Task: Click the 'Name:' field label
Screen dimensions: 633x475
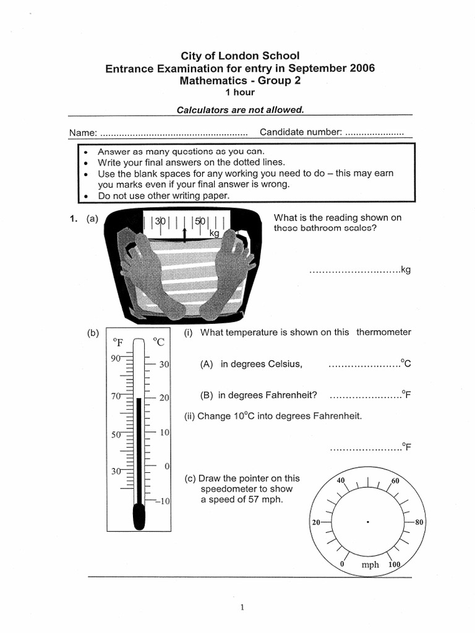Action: coord(82,133)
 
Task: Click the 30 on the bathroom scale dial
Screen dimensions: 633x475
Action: coord(161,221)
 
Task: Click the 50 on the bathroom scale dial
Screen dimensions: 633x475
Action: coord(200,221)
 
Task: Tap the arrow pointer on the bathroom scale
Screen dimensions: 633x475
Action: coord(185,233)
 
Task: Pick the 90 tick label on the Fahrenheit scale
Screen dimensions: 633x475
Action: coord(116,358)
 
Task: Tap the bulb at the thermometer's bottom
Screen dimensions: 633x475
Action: coord(139,516)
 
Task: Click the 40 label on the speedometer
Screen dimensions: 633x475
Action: coord(340,480)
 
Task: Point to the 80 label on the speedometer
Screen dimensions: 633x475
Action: coord(419,522)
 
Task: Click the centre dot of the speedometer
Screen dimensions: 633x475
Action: coord(368,522)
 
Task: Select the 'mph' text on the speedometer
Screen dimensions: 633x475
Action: coord(370,565)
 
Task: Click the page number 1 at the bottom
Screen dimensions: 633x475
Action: coord(243,607)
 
